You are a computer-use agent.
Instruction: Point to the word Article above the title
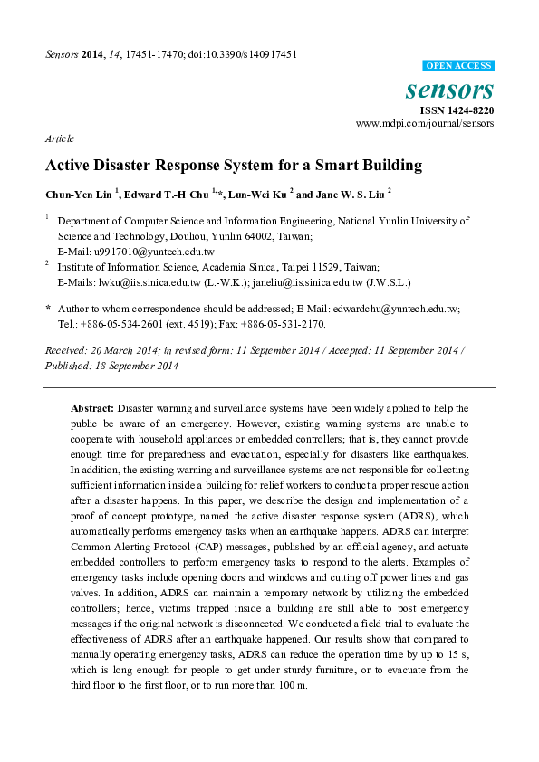[x=59, y=138]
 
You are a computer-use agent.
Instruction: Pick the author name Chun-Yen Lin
[x=77, y=194]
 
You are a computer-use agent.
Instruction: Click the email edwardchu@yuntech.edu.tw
[x=402, y=309]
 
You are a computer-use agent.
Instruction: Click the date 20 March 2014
[x=114, y=349]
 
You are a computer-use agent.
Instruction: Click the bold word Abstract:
[x=92, y=409]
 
